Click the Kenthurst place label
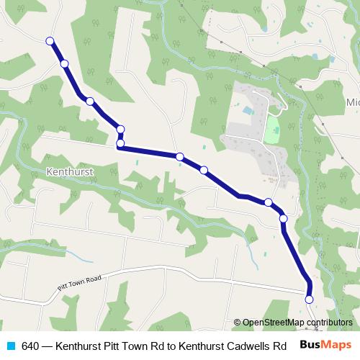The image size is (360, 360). [x=70, y=173]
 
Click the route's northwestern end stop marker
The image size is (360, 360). [x=50, y=41]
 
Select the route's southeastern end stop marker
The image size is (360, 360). [x=310, y=299]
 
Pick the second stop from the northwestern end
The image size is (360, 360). [x=65, y=64]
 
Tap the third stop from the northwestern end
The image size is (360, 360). [x=90, y=102]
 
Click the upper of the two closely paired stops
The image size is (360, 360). [x=120, y=129]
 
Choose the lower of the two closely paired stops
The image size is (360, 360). [x=120, y=143]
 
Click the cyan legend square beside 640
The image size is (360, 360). [x=10, y=345]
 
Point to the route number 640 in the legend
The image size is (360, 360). [x=30, y=345]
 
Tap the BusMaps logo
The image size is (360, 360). [x=325, y=344]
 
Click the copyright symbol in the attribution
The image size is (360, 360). [x=238, y=323]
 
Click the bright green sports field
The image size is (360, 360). [x=271, y=130]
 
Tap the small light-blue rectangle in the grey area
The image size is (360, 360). [x=248, y=111]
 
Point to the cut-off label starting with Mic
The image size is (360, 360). [x=353, y=101]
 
